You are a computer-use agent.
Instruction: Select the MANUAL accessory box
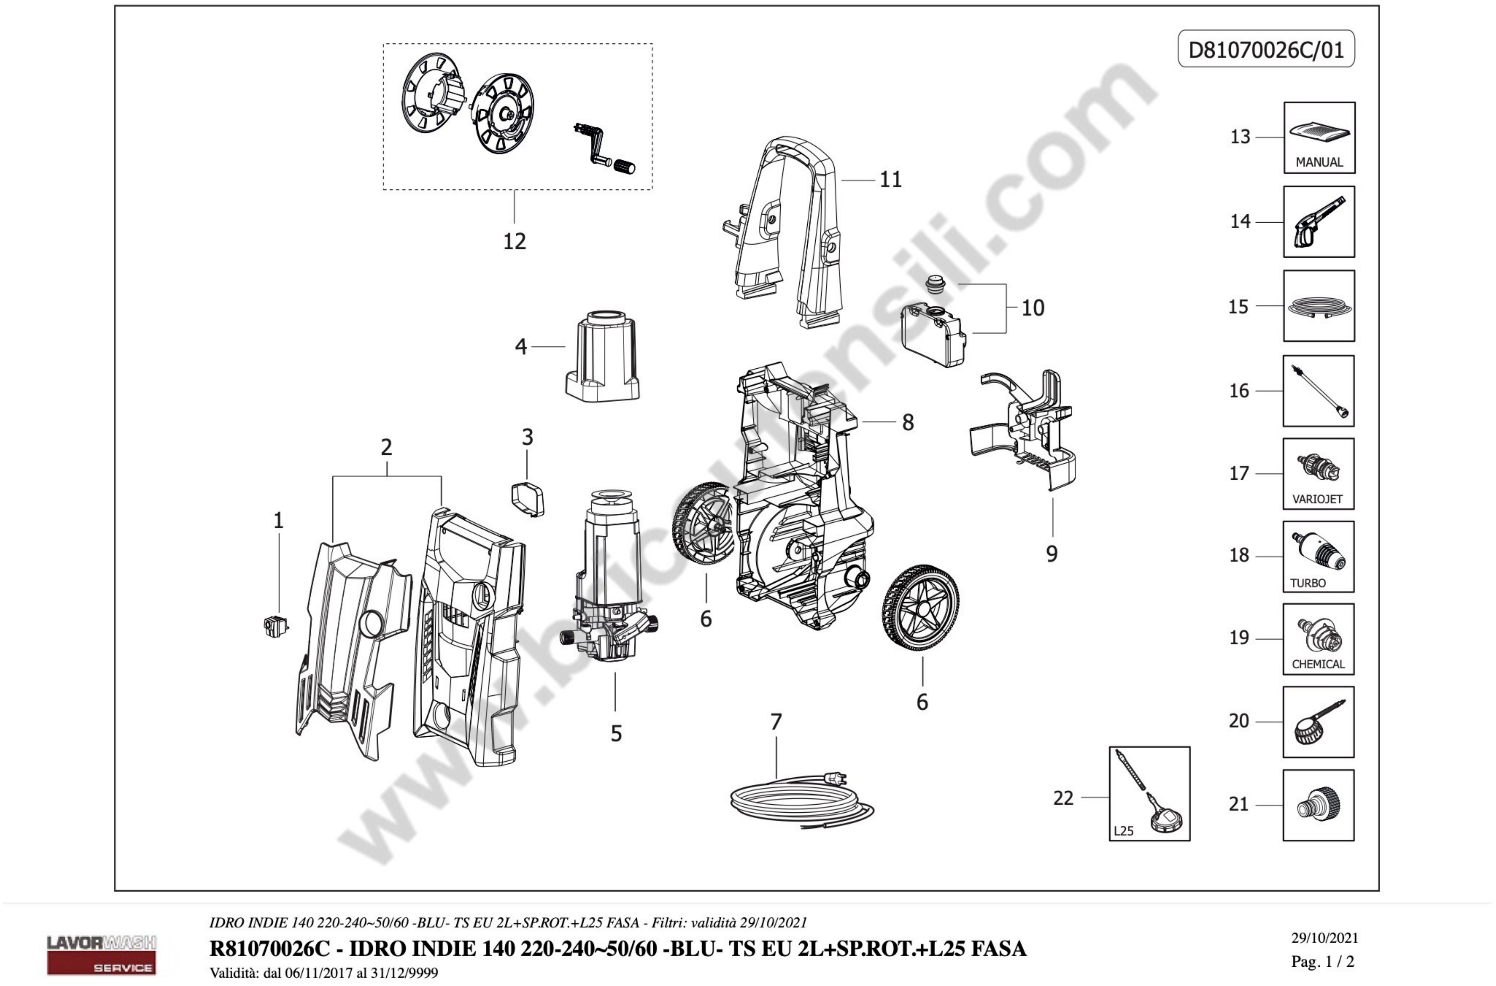pyautogui.click(x=1319, y=138)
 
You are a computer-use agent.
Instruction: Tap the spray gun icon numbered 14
pyautogui.click(x=1319, y=221)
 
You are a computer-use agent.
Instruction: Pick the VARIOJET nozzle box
pyautogui.click(x=1318, y=473)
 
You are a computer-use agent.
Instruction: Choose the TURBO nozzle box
pyautogui.click(x=1318, y=556)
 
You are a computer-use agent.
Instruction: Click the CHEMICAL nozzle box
pyautogui.click(x=1318, y=639)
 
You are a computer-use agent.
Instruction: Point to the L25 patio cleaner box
pyautogui.click(x=1149, y=793)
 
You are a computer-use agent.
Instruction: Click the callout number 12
pyautogui.click(x=514, y=241)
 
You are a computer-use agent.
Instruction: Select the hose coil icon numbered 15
pyautogui.click(x=1319, y=306)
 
